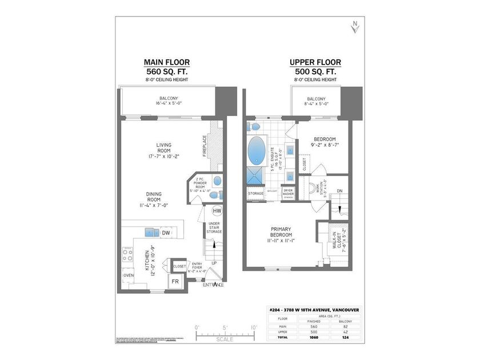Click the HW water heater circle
[217, 210]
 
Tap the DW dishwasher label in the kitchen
[165, 233]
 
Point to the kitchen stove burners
[127, 255]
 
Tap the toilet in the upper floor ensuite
[255, 125]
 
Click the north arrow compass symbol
[355, 26]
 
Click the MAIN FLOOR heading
[166, 62]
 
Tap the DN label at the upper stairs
[339, 191]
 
